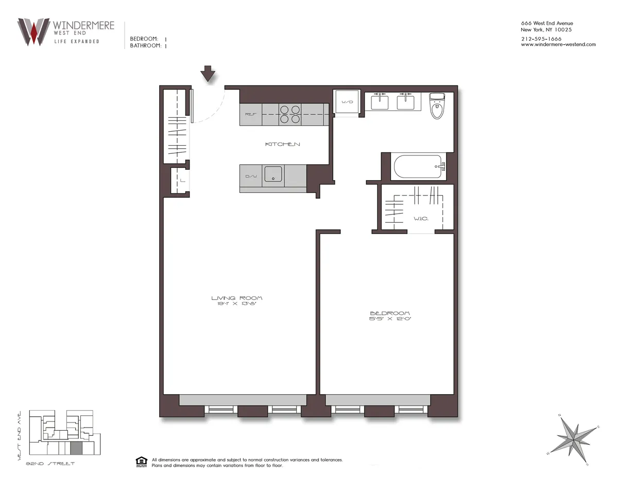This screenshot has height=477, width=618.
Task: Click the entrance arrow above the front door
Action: tap(208, 74)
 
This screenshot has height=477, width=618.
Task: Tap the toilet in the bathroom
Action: tap(437, 107)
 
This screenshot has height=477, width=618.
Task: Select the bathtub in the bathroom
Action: tap(417, 167)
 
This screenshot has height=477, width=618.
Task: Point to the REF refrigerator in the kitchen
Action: tap(250, 114)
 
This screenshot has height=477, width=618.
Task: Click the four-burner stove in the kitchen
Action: tap(290, 114)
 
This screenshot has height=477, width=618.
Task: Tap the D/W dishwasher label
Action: tap(251, 177)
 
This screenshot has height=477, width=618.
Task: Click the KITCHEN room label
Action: tap(282, 145)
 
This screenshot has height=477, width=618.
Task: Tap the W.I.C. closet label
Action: tap(421, 218)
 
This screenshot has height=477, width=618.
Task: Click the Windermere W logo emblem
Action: tap(33, 32)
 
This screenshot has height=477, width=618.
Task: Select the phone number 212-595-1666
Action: tap(541, 39)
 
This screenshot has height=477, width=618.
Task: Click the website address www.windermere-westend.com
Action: tap(558, 44)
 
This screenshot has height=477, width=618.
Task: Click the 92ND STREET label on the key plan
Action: tap(50, 464)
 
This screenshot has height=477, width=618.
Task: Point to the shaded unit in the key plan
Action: tap(76, 448)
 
